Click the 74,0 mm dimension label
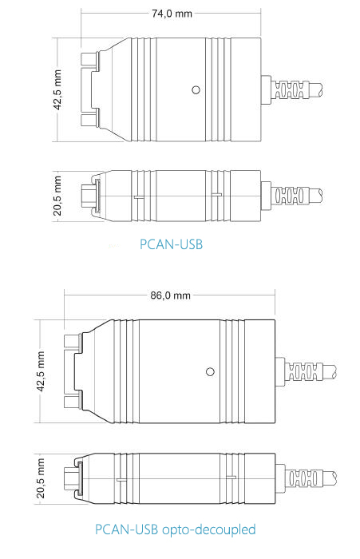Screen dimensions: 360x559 pos(172,14)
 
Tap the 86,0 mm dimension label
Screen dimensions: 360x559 pos(170,295)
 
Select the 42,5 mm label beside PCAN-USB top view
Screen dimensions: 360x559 pos(57,89)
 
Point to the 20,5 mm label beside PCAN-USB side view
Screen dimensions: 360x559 pos(57,196)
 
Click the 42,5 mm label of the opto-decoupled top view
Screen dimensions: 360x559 pos(41,371)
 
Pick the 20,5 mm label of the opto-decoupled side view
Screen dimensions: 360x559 pos(41,478)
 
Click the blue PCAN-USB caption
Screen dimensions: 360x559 pos(171,244)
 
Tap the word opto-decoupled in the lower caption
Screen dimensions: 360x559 pos(209,529)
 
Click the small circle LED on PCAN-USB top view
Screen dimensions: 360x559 pos(196,89)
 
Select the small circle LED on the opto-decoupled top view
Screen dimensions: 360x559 pos(210,372)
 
